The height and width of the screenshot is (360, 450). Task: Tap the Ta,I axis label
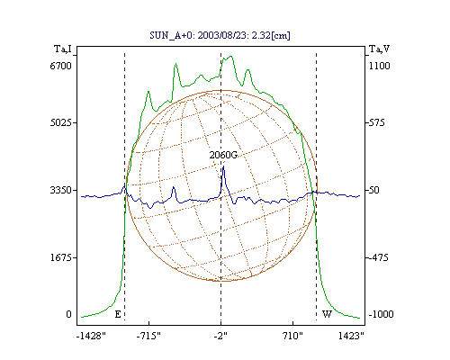(63, 49)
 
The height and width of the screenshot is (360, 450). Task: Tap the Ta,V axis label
(380, 49)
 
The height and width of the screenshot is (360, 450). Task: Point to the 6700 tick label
(61, 66)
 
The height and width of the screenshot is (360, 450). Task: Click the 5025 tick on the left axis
(61, 122)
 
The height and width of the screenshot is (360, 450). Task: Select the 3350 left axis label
(61, 190)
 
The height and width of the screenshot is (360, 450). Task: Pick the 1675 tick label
(61, 257)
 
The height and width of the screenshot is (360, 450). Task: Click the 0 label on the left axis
(68, 314)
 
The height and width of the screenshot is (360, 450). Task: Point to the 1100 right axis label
(380, 66)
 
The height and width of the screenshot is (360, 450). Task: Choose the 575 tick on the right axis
(376, 122)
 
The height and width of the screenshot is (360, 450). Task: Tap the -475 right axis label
(378, 257)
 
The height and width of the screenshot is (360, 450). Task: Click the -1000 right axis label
(381, 314)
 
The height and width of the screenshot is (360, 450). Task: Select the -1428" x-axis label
(91, 336)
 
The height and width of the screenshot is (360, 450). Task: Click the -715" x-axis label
(148, 336)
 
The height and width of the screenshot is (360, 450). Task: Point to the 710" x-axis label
(292, 336)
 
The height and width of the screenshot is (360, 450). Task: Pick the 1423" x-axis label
(351, 336)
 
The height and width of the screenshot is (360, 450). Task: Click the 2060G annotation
(223, 155)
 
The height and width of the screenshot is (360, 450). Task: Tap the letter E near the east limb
(118, 314)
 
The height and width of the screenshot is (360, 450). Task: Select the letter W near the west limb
(327, 314)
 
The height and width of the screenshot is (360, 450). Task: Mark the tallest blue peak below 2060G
(223, 166)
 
